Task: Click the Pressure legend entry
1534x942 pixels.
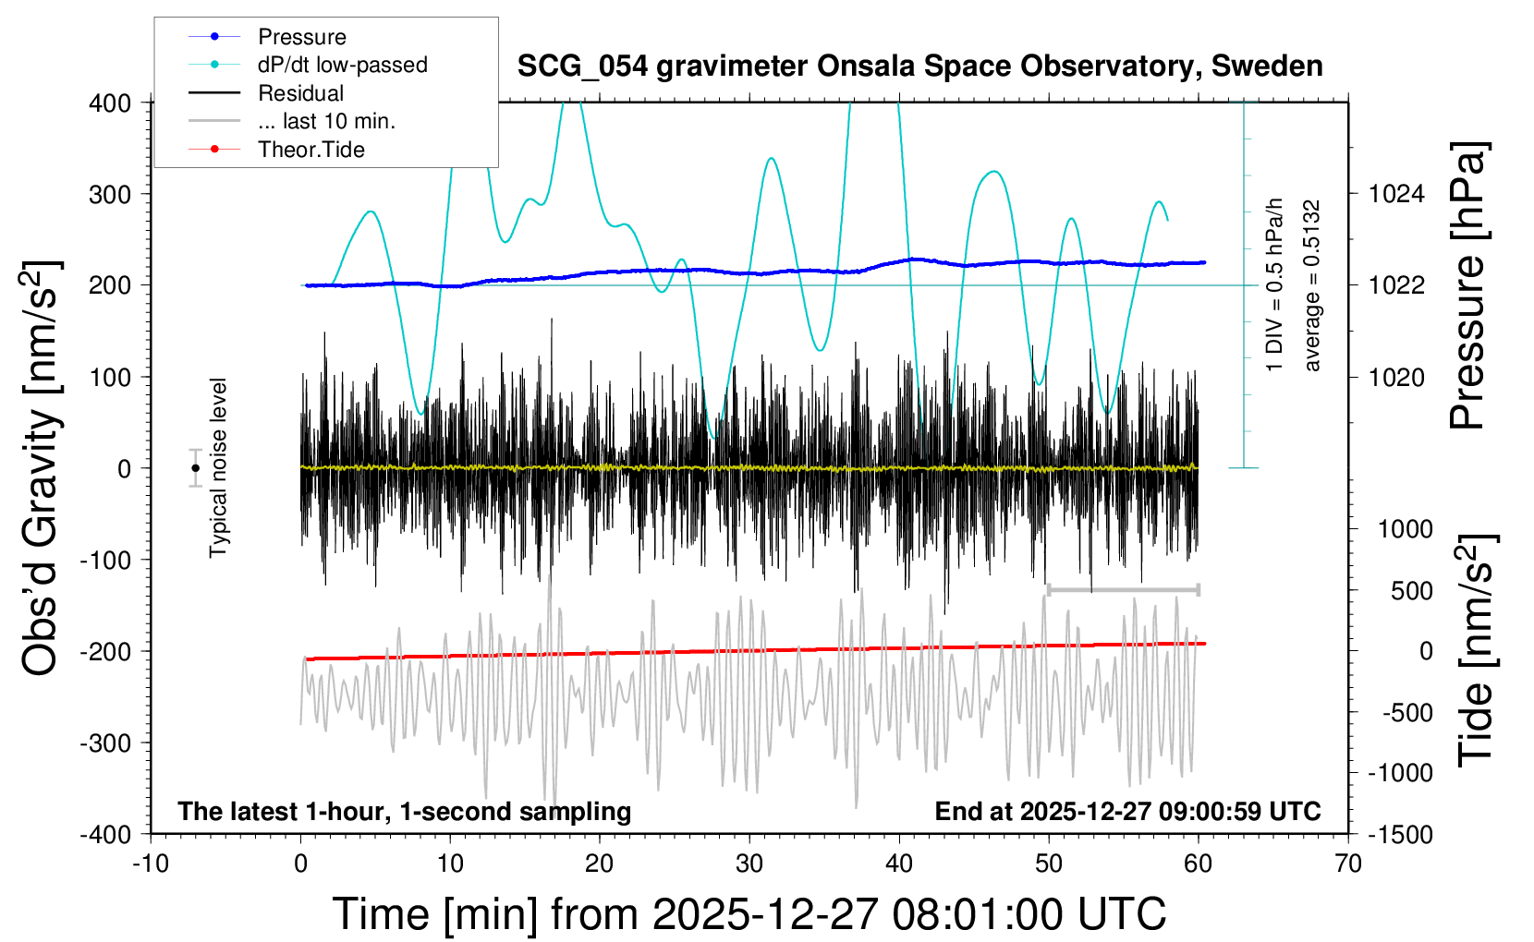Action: [x=301, y=37]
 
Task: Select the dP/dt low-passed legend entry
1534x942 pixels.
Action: [x=342, y=65]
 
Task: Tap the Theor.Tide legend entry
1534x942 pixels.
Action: [x=310, y=150]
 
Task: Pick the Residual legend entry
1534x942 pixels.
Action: [x=300, y=93]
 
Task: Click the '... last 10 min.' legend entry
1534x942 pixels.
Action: [x=326, y=121]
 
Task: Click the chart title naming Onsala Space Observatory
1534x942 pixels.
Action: [x=919, y=66]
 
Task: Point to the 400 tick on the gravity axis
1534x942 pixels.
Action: [x=110, y=103]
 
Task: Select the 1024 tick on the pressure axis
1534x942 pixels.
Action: [x=1396, y=194]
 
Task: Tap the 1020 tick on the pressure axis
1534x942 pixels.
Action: [x=1396, y=377]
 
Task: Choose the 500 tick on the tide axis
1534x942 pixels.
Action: [x=1412, y=591]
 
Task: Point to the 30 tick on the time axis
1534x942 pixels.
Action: [x=749, y=863]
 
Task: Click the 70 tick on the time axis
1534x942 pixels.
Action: [x=1348, y=863]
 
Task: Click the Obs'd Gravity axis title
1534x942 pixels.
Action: [x=41, y=467]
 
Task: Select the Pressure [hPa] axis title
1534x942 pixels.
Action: [x=1467, y=286]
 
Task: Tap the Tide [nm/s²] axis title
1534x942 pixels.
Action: [x=1475, y=651]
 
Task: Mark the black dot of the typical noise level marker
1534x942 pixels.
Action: [x=195, y=468]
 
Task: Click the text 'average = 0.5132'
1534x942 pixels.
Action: [x=1312, y=286]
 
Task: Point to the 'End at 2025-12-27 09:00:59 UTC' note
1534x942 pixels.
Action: [x=1127, y=812]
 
